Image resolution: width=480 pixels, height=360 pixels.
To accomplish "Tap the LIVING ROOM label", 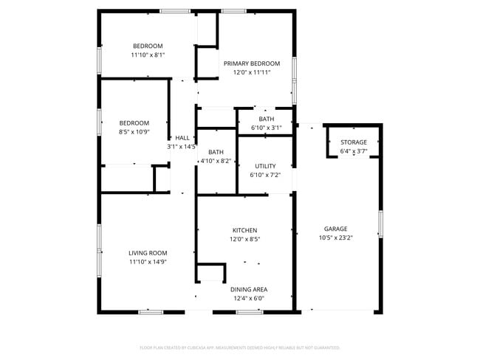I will [x=148, y=252].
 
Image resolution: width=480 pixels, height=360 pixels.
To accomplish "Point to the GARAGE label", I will [x=335, y=229].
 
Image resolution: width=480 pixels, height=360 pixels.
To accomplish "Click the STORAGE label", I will [x=354, y=142].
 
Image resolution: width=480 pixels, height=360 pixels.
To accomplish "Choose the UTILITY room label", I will [x=265, y=167].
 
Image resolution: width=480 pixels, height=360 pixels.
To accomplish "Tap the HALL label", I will [x=182, y=138].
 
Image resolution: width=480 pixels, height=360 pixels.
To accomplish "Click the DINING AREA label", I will [x=249, y=289].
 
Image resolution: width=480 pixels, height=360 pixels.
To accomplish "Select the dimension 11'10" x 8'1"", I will [x=148, y=55].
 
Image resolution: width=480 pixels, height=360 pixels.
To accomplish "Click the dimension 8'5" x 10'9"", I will [x=134, y=132].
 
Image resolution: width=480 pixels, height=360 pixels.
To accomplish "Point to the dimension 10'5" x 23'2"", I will [x=335, y=238].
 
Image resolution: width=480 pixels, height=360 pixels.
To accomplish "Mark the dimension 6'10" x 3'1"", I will [x=267, y=128].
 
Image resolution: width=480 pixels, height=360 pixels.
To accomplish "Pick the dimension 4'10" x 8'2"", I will [x=216, y=161].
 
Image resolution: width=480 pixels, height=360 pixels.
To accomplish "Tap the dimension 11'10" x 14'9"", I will [x=148, y=261].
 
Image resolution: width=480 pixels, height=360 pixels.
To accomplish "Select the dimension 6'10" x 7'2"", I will [x=265, y=176].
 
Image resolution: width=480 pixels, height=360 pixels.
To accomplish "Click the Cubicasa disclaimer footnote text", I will [x=240, y=347].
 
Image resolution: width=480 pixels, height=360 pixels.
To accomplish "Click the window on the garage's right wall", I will [x=380, y=224].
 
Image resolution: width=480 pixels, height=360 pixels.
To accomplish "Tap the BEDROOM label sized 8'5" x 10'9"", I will [x=134, y=123].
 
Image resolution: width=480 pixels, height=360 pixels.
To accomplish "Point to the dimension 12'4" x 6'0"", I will [x=249, y=298].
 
